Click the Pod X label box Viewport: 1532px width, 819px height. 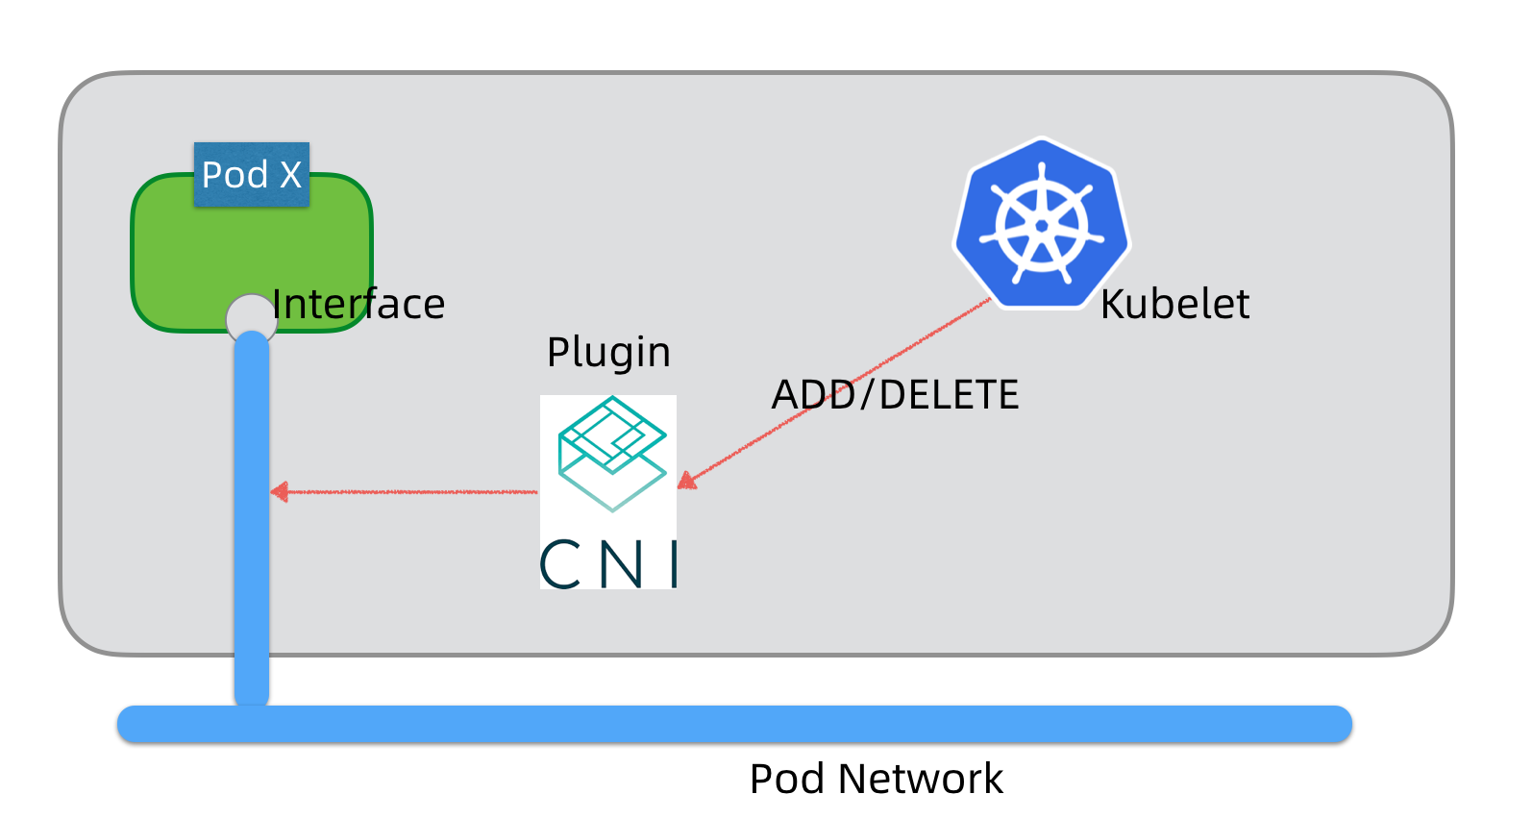click(251, 175)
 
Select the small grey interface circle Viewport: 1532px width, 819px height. click(251, 317)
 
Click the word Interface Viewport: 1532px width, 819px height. click(358, 305)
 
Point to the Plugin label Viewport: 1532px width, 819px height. click(608, 353)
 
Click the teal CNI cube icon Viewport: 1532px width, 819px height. click(612, 453)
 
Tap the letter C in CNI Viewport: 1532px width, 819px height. click(560, 564)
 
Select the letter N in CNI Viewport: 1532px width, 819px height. click(621, 564)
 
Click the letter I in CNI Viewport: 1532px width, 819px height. click(675, 564)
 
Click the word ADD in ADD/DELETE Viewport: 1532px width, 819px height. click(812, 395)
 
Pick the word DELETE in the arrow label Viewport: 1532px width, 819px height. click(949, 395)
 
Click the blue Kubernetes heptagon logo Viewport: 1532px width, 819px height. click(1042, 224)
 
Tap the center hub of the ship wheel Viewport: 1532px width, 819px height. click(1042, 226)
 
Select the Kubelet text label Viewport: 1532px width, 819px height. click(1174, 305)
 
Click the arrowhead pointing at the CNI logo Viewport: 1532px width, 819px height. click(686, 481)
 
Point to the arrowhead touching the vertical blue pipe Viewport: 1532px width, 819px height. click(280, 492)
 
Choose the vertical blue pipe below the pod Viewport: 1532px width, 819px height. click(252, 577)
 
